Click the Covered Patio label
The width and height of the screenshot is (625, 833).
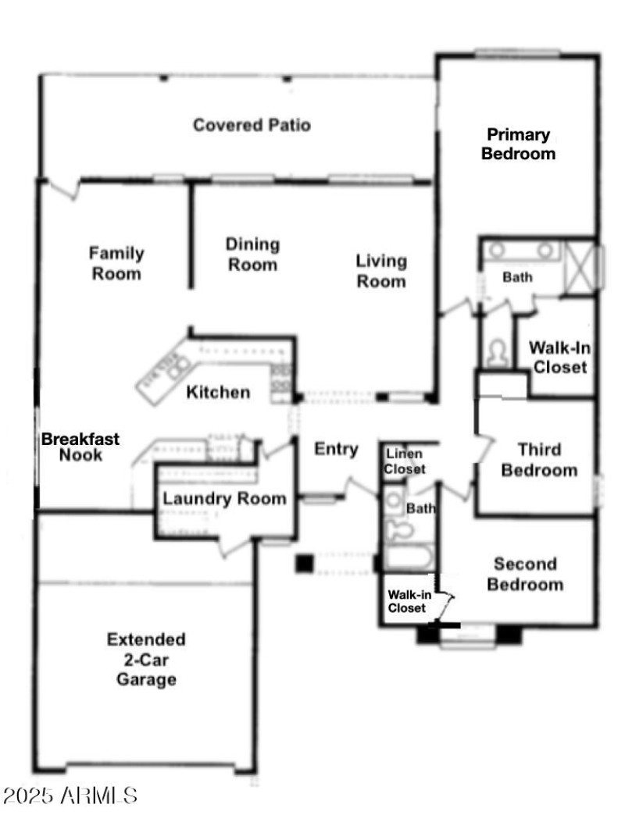(x=252, y=125)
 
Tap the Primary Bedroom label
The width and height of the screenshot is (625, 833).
(x=518, y=144)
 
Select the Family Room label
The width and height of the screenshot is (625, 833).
(x=116, y=263)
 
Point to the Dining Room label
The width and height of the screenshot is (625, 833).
(x=252, y=255)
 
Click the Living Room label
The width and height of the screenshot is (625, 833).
(x=381, y=271)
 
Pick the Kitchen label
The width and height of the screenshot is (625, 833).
(x=218, y=392)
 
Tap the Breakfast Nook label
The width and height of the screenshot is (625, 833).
(x=80, y=447)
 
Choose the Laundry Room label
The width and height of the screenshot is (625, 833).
(x=224, y=499)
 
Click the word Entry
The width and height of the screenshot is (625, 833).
(x=336, y=449)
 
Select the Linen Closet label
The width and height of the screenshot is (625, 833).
(x=404, y=461)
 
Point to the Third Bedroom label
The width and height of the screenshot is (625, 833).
(x=539, y=459)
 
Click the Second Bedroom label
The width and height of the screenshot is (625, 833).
(x=525, y=574)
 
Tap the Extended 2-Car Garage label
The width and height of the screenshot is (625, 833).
(x=146, y=659)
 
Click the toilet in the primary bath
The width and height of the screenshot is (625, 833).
(x=496, y=354)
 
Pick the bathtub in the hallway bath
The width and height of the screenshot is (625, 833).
(x=406, y=558)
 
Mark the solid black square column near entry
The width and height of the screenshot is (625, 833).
(x=304, y=563)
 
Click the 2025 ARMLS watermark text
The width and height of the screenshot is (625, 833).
(x=70, y=796)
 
